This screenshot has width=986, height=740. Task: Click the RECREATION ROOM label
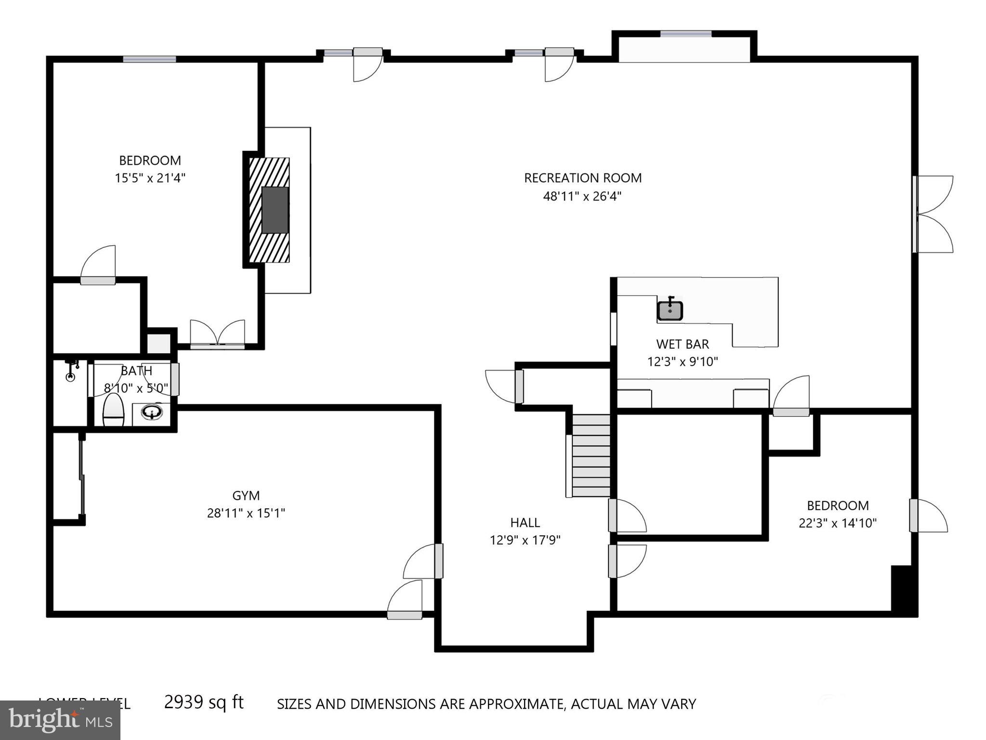tap(582, 178)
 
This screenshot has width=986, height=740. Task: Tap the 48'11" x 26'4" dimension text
tap(582, 197)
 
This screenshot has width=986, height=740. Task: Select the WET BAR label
tap(682, 344)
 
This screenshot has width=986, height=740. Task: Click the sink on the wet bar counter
tap(670, 311)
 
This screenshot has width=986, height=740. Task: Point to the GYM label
tap(246, 496)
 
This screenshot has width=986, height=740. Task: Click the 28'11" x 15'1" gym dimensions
tap(246, 514)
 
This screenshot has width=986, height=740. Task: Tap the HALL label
tap(525, 523)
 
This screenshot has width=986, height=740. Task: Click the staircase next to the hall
tap(591, 455)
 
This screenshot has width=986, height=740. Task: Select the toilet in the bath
tap(114, 410)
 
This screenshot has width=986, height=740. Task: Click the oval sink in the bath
tap(152, 412)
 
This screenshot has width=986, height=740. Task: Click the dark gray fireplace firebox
tap(275, 210)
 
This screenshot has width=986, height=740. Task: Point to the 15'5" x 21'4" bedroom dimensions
tap(150, 178)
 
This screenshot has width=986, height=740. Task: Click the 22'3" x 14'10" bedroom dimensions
tap(837, 523)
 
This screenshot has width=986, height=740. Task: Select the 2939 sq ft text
tap(204, 702)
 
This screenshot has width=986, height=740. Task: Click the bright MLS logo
tap(60, 720)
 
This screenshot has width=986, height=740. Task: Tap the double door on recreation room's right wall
tap(932, 214)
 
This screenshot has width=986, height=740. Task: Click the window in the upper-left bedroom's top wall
tap(149, 59)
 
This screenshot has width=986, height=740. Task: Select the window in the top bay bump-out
tap(685, 34)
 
